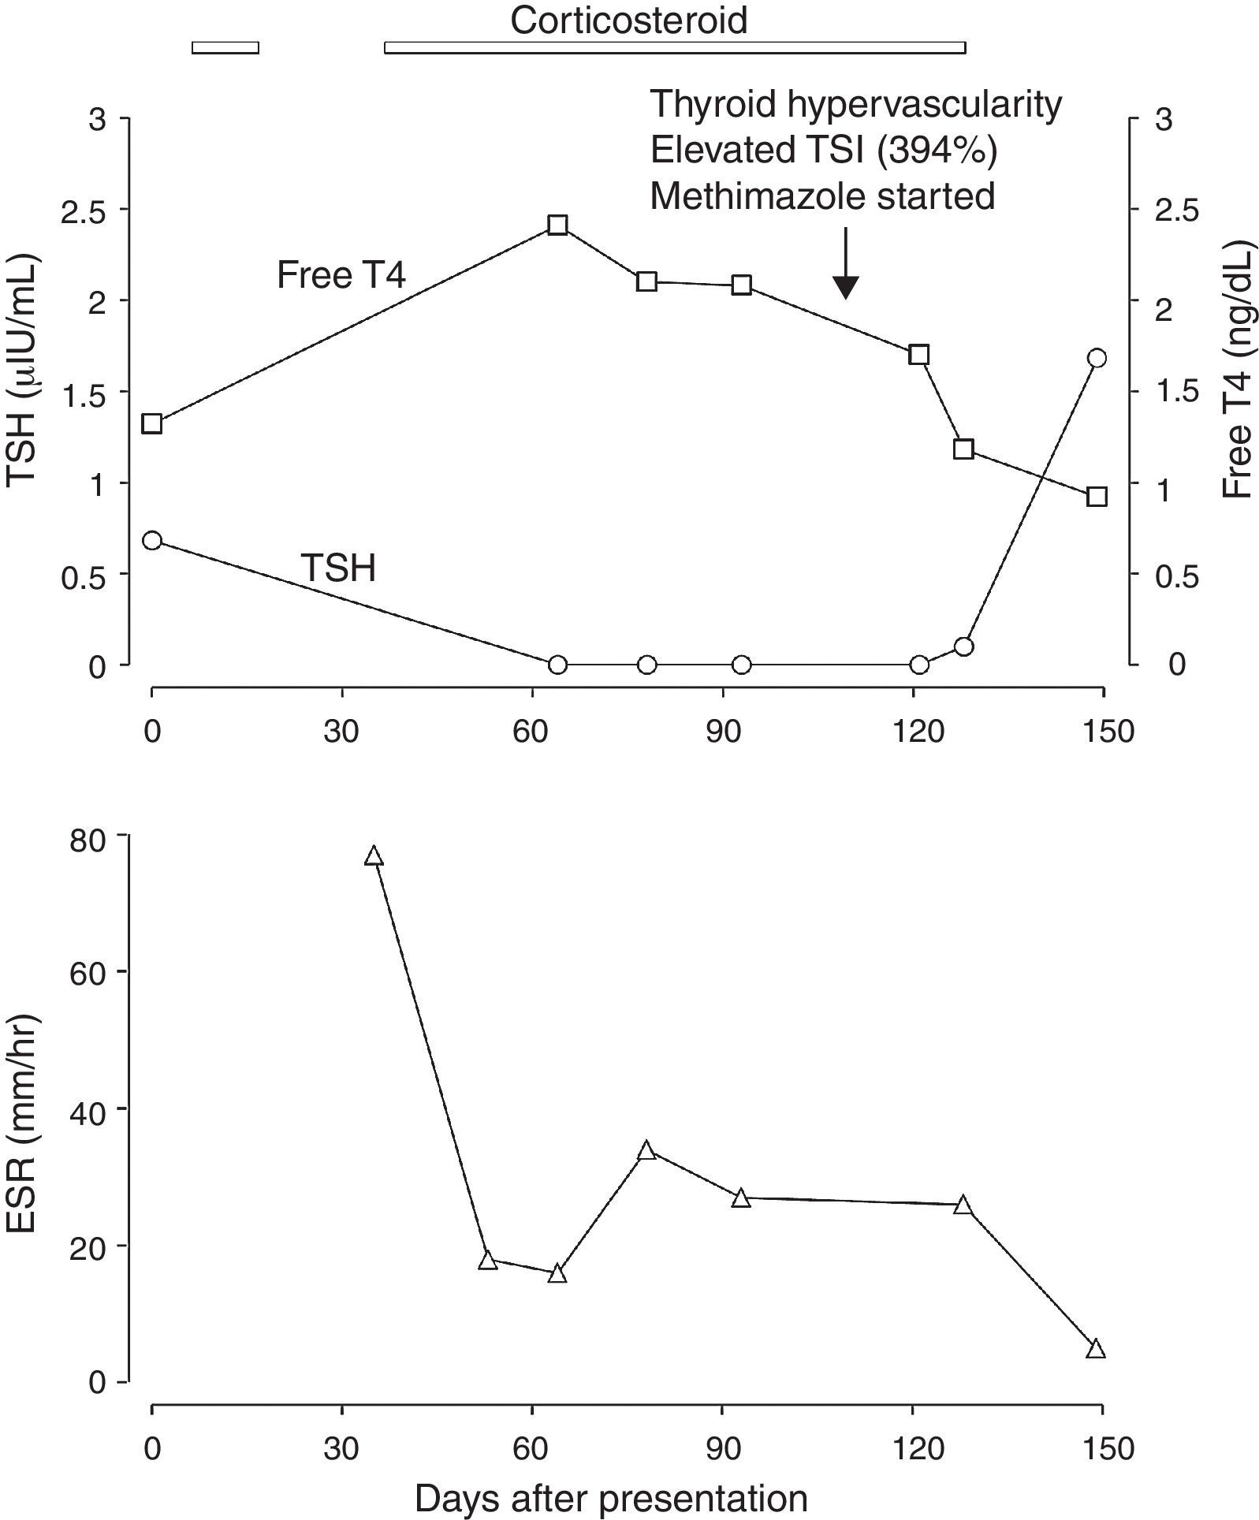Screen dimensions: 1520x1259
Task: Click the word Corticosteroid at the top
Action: click(x=628, y=20)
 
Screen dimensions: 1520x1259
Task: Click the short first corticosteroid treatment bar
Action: click(x=225, y=48)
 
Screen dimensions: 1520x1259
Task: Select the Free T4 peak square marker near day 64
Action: click(x=557, y=225)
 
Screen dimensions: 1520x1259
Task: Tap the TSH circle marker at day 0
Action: click(x=152, y=541)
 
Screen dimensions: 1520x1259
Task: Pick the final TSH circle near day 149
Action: click(x=1097, y=359)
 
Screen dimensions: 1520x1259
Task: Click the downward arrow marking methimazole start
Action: click(x=845, y=264)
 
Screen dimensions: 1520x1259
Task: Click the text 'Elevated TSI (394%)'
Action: click(x=823, y=150)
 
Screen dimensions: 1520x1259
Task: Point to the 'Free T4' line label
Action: click(x=341, y=276)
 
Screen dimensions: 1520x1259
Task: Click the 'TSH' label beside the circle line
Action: click(x=338, y=568)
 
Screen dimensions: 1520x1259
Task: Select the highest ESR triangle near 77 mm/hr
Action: click(x=374, y=856)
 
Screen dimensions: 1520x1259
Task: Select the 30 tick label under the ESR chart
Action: click(x=341, y=1448)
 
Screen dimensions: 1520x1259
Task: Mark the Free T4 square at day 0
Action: click(x=152, y=424)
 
